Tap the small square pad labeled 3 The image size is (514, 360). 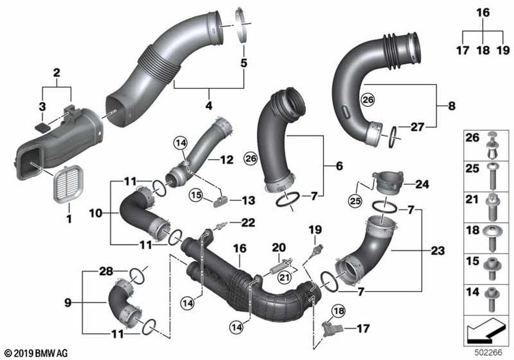[x=42, y=127]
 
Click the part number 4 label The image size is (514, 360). [x=209, y=105]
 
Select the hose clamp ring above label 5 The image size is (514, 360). [x=243, y=25]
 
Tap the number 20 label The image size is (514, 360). [x=279, y=247]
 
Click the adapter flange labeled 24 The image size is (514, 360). [x=388, y=183]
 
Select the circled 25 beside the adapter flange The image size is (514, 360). [x=355, y=201]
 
